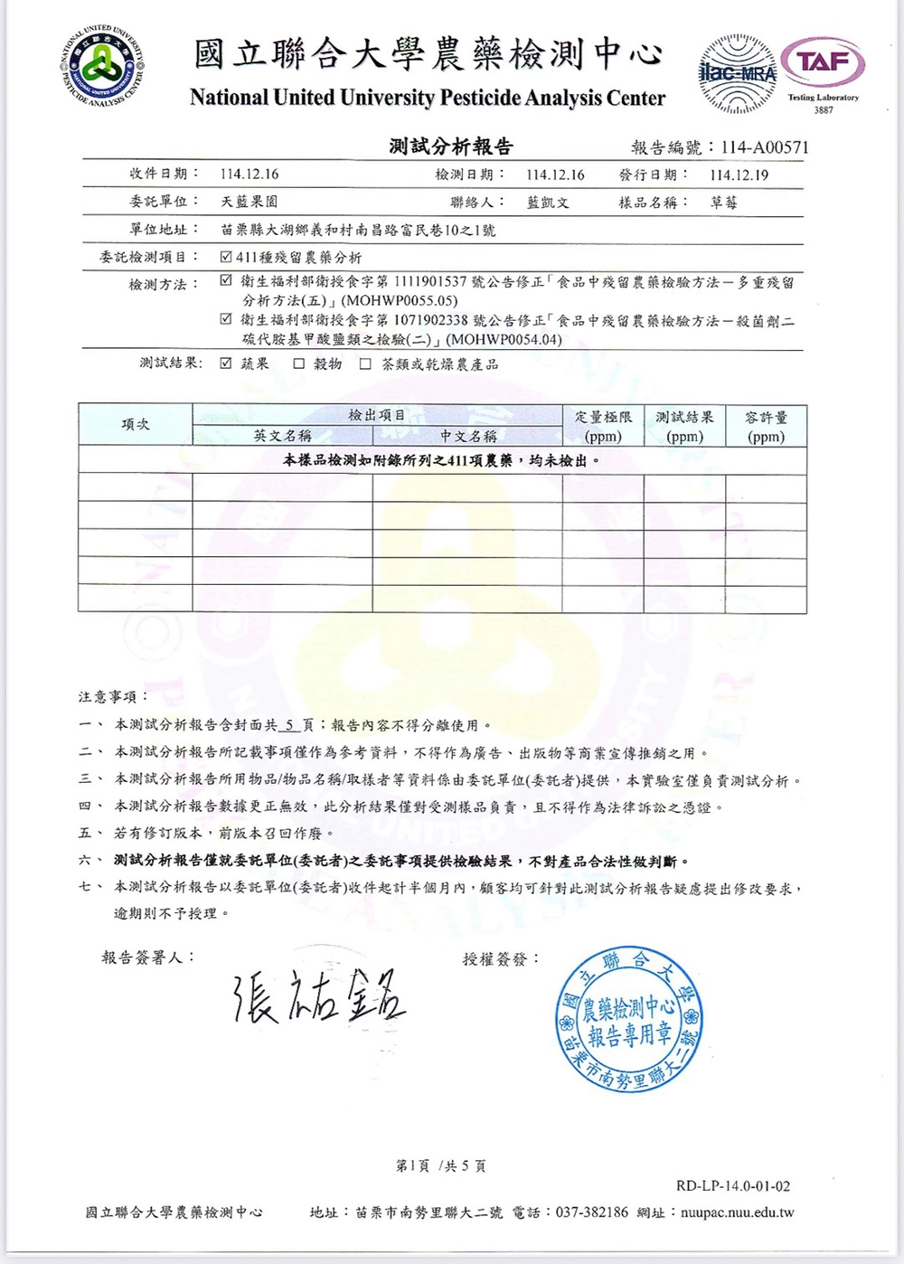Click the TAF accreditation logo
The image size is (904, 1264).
click(823, 63)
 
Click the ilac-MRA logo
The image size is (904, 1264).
click(738, 73)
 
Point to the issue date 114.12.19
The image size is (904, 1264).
click(739, 175)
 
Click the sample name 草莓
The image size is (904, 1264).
click(724, 203)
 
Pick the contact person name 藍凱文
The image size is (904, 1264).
click(548, 203)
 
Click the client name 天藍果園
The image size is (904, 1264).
click(250, 202)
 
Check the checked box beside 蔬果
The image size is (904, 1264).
click(226, 363)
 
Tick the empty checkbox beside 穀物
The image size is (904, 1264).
click(298, 363)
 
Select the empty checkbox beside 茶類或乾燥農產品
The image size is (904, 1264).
click(365, 363)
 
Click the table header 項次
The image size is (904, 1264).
click(136, 424)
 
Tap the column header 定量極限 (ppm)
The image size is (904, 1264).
click(603, 426)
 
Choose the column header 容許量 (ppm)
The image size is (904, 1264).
click(766, 426)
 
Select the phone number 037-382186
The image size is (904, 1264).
click(592, 1212)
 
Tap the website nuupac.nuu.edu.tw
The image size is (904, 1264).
click(737, 1212)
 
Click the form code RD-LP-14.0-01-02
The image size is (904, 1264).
click(732, 1185)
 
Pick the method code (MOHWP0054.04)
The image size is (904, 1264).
click(504, 340)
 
